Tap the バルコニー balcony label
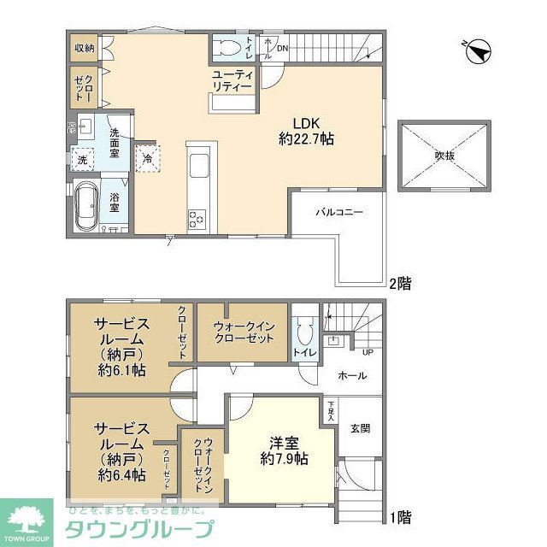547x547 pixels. coord(339,210)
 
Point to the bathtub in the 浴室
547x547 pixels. coord(86,208)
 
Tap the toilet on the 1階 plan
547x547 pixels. coord(302,331)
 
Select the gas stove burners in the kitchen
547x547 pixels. coord(197,219)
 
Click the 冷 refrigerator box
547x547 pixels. coord(148,158)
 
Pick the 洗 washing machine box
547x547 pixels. coord(83,160)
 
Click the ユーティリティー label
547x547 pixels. coord(232,81)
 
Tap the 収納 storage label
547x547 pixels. coord(83,48)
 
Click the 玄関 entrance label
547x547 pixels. coord(360,428)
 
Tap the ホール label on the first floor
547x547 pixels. coord(353,375)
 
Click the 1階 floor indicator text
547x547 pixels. coord(400,517)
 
